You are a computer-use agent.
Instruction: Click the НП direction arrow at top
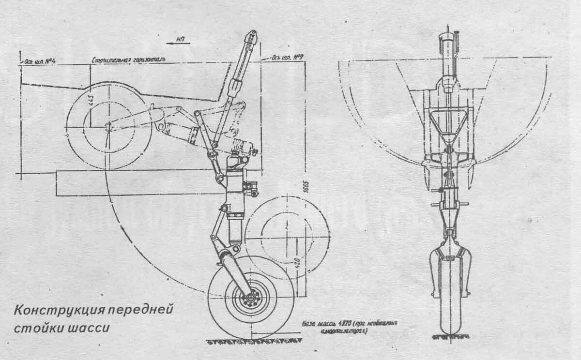point(179,43)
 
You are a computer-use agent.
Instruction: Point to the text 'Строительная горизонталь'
point(129,60)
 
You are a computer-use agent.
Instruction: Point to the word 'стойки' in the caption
point(34,328)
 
